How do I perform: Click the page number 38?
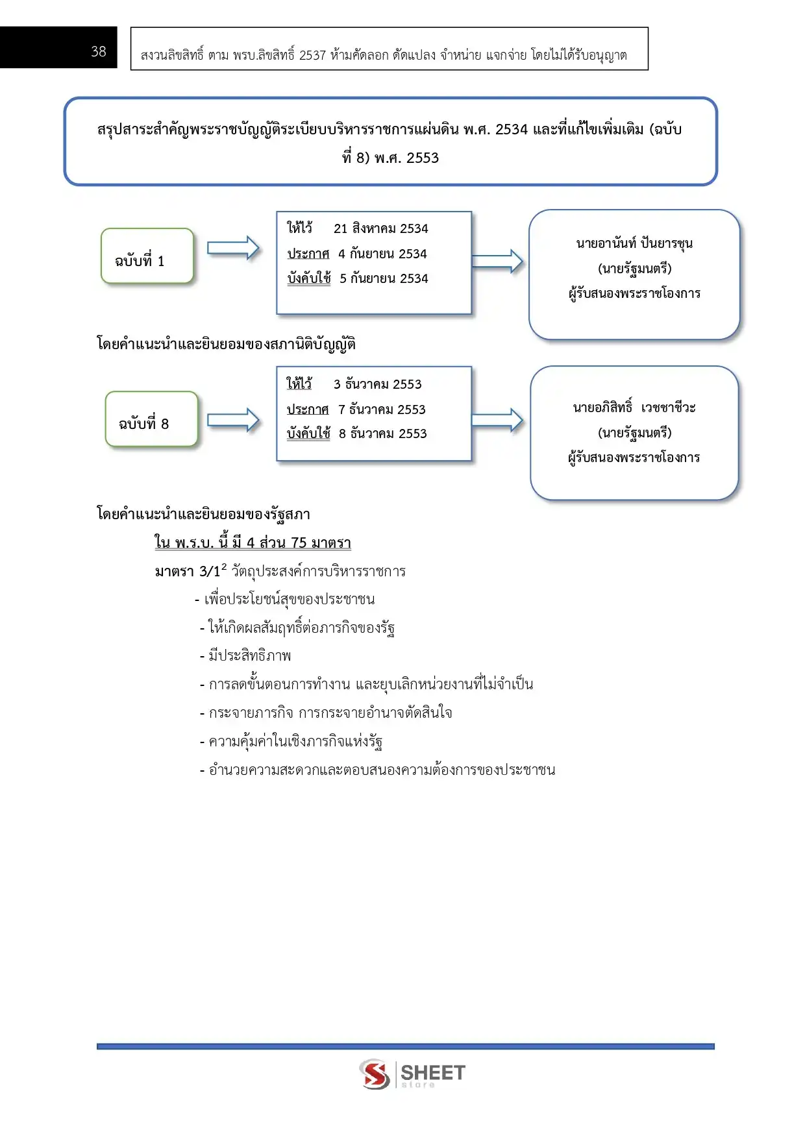pyautogui.click(x=99, y=51)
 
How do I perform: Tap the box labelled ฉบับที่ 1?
pyautogui.click(x=147, y=256)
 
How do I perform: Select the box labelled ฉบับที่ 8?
pyautogui.click(x=151, y=419)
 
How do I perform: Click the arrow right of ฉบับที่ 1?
pyautogui.click(x=233, y=248)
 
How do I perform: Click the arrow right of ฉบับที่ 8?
pyautogui.click(x=233, y=421)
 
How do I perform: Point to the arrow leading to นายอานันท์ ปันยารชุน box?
pyautogui.click(x=497, y=261)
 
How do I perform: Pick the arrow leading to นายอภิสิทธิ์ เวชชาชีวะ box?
pyautogui.click(x=497, y=421)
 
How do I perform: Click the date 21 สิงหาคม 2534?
pyautogui.click(x=380, y=228)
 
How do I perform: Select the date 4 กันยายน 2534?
pyautogui.click(x=382, y=254)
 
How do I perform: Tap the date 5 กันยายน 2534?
pyautogui.click(x=384, y=278)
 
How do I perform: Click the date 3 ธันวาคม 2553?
pyautogui.click(x=377, y=384)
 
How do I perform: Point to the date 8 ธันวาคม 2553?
pyautogui.click(x=382, y=434)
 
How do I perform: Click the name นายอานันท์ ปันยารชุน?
pyautogui.click(x=634, y=243)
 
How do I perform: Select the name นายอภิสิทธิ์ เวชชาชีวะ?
pyautogui.click(x=634, y=408)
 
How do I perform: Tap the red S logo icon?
pyautogui.click(x=375, y=1073)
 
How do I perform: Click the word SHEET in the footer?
pyautogui.click(x=432, y=1072)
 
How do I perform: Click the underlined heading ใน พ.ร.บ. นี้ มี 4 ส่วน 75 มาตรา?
pyautogui.click(x=253, y=543)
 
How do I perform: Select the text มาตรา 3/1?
pyautogui.click(x=188, y=571)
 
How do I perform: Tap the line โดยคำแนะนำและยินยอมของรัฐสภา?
pyautogui.click(x=203, y=514)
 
